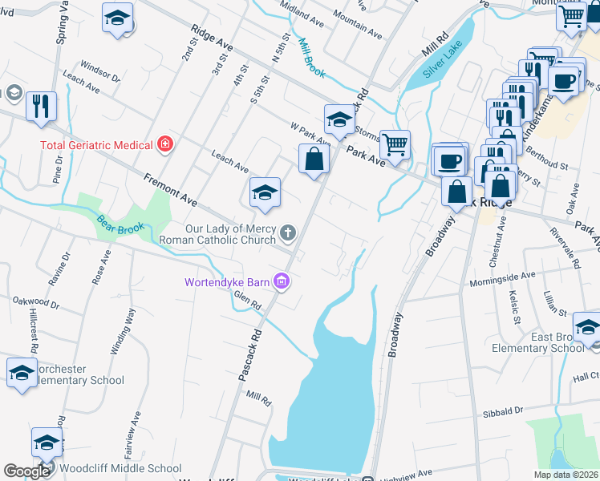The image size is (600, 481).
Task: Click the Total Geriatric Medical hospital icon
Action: tap(165, 144)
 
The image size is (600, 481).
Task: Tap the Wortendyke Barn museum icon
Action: tap(282, 281)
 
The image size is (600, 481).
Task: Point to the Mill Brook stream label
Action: tap(311, 58)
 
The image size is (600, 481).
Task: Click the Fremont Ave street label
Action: tap(170, 188)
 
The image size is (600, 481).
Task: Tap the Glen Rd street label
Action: tap(248, 300)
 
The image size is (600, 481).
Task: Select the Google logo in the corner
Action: tap(26, 471)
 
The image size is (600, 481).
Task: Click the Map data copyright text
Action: tap(566, 475)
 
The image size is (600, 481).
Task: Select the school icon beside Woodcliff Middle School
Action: tap(47, 442)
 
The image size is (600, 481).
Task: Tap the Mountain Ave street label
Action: tap(357, 26)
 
